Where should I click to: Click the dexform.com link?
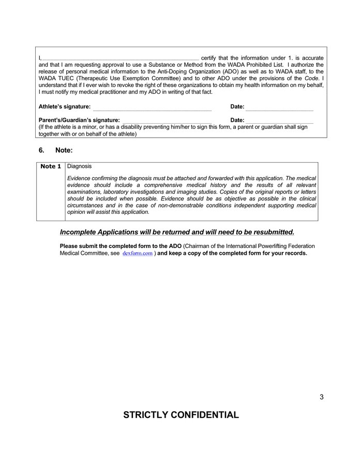138,254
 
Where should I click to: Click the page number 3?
321,397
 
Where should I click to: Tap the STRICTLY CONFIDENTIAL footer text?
181,415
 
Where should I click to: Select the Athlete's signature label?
65,107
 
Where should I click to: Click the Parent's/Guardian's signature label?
79,120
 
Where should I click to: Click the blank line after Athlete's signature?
152,109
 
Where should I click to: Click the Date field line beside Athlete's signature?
279,109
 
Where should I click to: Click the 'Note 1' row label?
51,167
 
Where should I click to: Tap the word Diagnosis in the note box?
80,166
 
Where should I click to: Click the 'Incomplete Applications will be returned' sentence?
177,232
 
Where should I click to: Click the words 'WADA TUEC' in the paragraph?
55,78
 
